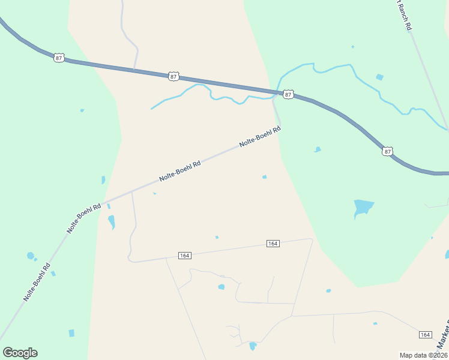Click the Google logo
20,353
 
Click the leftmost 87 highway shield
58,58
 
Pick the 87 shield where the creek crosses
288,95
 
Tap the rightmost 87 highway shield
387,151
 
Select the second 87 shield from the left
173,76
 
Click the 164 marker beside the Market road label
425,335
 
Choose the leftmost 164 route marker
184,256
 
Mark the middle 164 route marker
273,244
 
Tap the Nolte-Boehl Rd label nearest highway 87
260,137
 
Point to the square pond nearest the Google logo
72,333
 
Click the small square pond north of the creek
379,77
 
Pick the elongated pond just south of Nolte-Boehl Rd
111,222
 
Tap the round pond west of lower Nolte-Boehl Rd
31,256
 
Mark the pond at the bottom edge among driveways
253,346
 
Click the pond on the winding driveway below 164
221,287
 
